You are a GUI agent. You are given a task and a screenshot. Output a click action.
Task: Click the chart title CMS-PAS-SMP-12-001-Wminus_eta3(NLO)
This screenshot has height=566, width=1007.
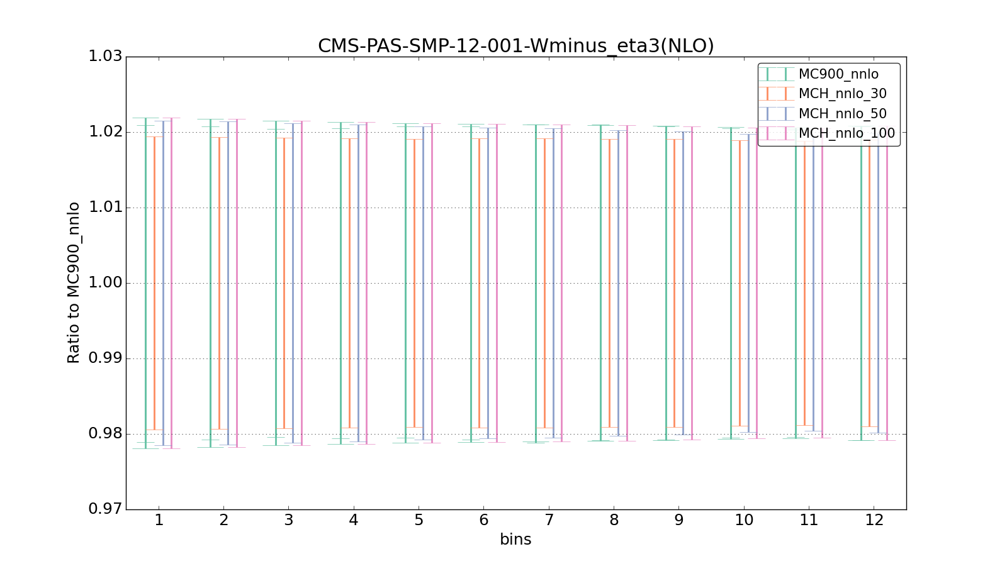(x=515, y=46)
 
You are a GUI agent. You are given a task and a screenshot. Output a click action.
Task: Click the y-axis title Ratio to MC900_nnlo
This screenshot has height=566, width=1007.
(x=74, y=283)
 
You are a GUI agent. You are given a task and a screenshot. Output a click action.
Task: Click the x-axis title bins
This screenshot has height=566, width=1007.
(x=515, y=540)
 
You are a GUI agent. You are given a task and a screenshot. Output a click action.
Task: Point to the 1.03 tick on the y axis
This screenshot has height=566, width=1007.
(x=104, y=57)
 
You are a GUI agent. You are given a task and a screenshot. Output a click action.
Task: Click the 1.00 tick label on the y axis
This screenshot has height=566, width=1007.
(x=104, y=283)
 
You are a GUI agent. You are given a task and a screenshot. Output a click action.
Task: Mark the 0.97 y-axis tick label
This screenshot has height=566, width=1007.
(x=104, y=509)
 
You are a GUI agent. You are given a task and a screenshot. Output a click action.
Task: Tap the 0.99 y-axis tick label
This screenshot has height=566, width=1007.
(x=104, y=358)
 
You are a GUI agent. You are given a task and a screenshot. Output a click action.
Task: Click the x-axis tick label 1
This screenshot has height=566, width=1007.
(x=159, y=520)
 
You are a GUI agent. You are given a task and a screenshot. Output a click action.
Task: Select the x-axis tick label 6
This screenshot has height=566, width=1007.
(x=483, y=520)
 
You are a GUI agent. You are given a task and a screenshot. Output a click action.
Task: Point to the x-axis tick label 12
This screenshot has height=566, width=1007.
(x=874, y=520)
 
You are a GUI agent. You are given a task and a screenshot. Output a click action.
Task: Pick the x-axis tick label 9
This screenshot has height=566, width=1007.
(x=678, y=520)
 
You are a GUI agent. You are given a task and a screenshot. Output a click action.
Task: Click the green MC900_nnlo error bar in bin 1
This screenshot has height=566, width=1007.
(x=145, y=283)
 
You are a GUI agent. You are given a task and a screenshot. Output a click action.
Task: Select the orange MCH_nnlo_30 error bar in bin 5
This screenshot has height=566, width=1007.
(x=414, y=283)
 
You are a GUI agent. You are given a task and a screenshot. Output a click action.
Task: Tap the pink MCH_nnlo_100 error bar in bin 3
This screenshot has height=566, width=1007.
(x=301, y=283)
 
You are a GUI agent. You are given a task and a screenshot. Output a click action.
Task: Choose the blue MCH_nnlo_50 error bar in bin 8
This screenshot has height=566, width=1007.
(x=618, y=283)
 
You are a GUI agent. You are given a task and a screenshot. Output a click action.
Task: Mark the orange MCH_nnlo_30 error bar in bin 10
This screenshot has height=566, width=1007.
(x=740, y=283)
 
